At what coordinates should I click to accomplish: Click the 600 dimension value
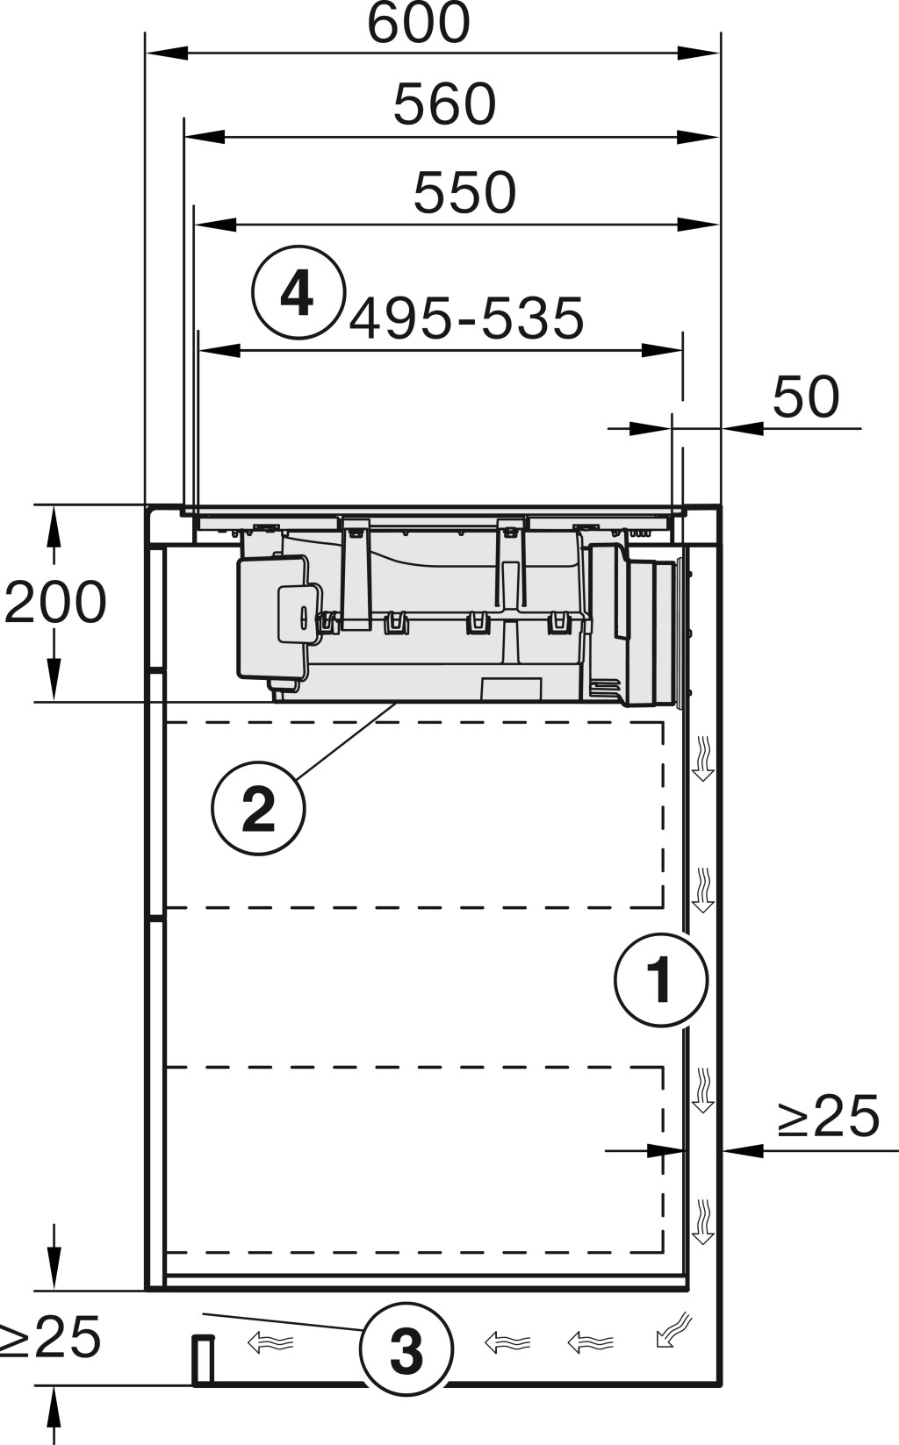coord(418,23)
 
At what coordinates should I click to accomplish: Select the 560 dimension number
coord(444,104)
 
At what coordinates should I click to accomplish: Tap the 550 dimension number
coord(464,192)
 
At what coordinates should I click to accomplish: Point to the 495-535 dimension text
coord(466,318)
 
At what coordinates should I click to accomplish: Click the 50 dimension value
coord(806,397)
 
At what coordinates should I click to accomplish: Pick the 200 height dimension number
coord(54,602)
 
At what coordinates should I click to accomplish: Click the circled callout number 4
coord(298,292)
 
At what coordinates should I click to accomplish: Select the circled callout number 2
coord(258,808)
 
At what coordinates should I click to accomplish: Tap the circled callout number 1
coord(660,980)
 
